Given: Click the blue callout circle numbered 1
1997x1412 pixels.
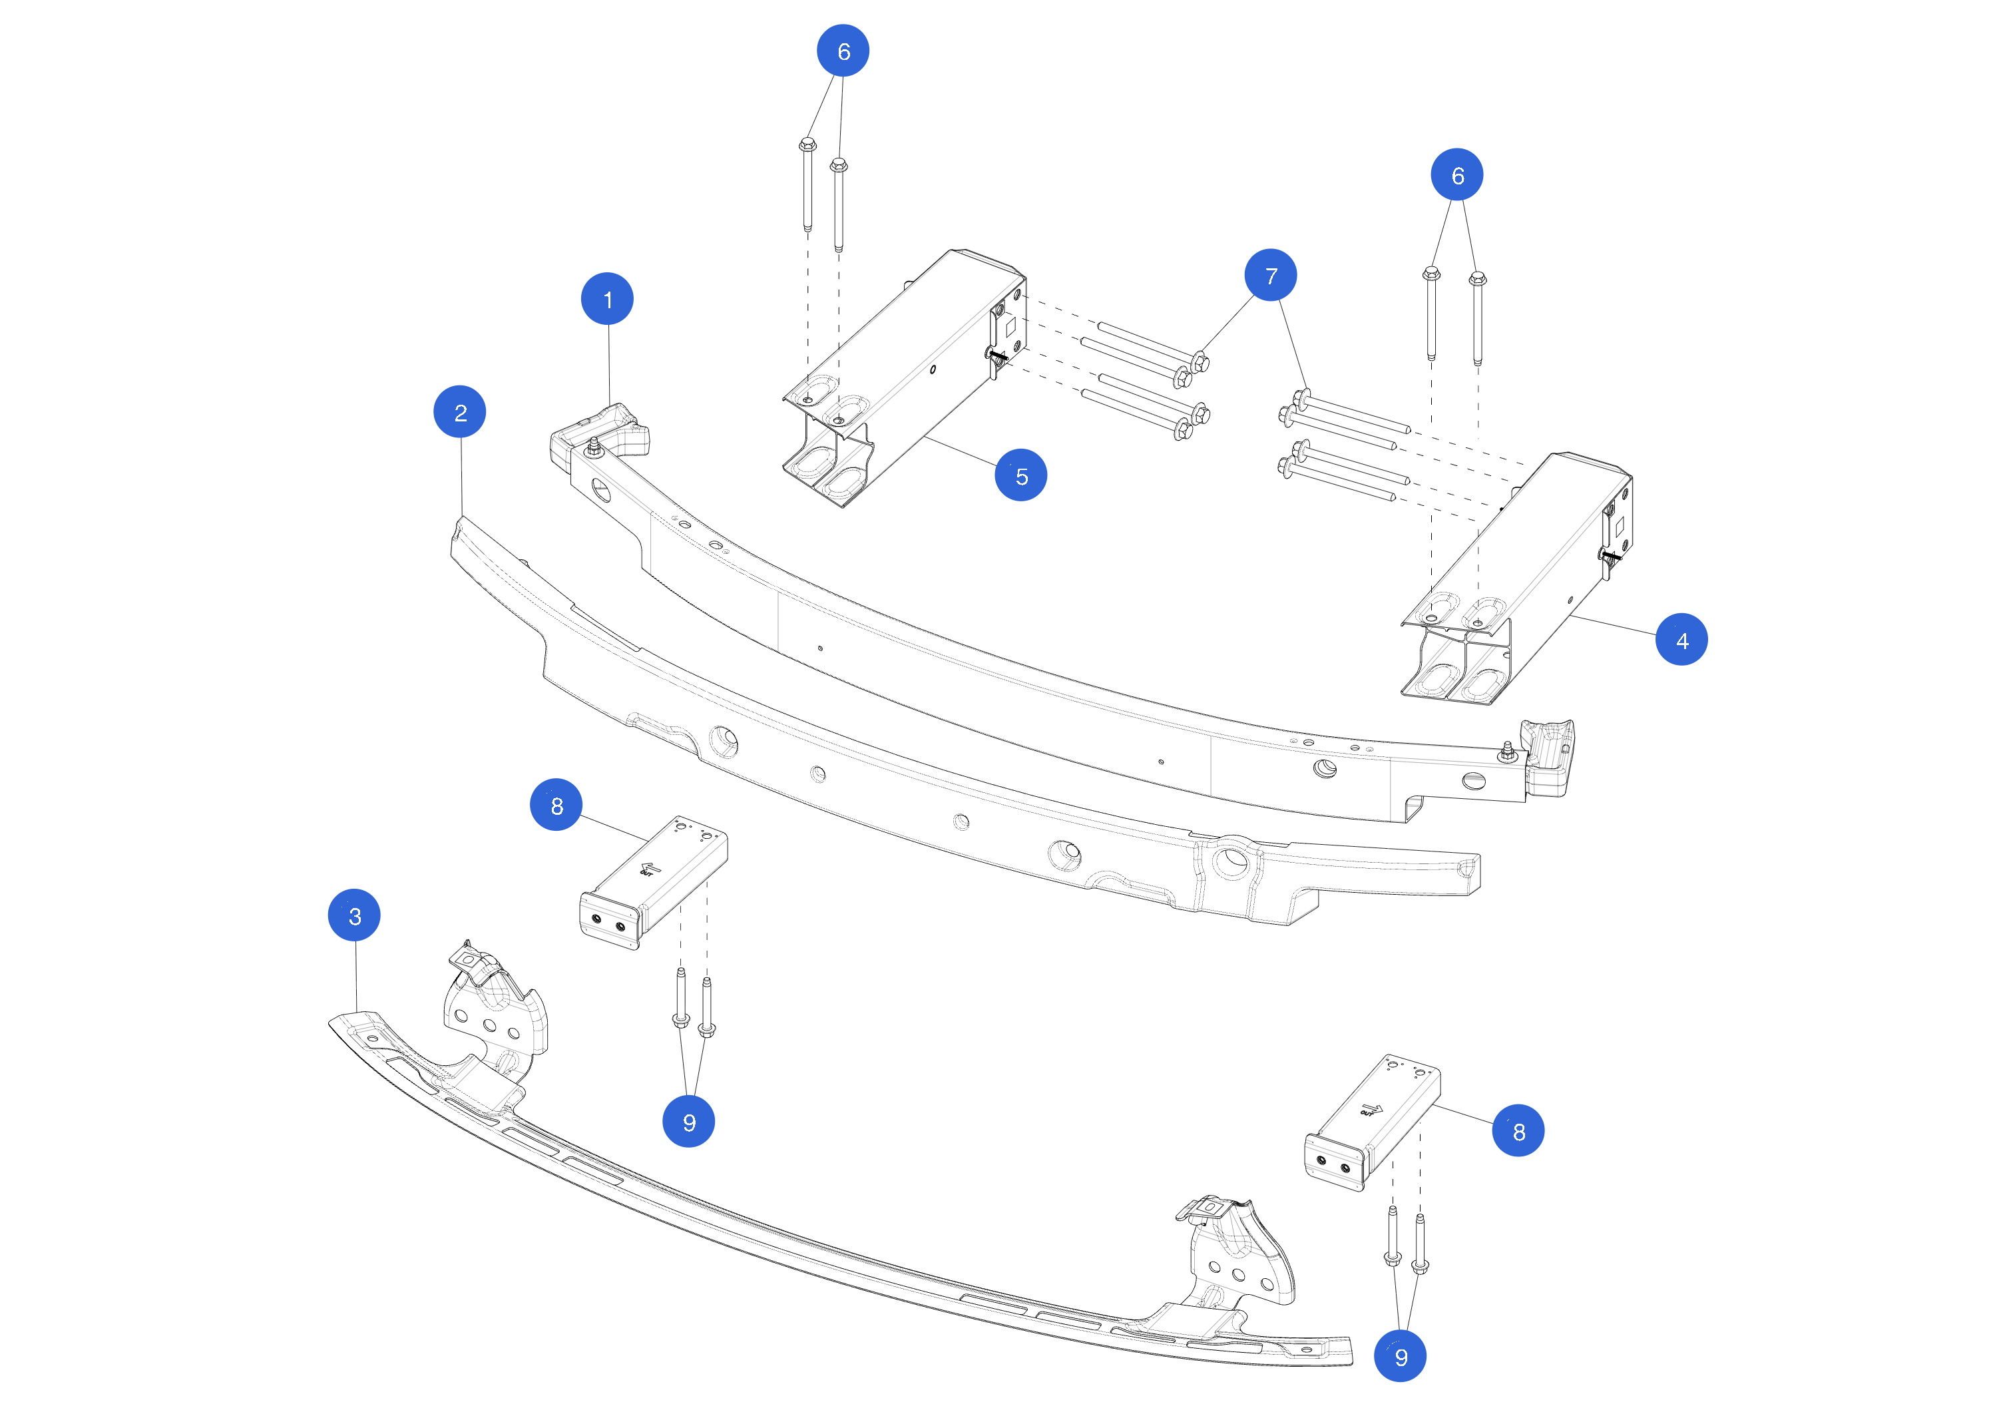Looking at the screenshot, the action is pos(607,300).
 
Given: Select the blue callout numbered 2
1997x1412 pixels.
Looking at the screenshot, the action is pos(460,412).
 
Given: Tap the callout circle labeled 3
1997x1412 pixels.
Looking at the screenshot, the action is pos(354,915).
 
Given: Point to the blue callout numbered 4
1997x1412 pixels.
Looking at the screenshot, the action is pos(1681,640).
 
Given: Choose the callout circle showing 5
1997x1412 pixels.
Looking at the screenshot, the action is pos(1021,475).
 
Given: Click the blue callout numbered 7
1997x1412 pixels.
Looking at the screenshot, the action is pos(1271,276).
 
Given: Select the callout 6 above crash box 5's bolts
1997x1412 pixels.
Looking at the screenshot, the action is pos(843,51).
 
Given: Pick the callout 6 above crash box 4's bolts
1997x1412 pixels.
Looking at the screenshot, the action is pos(1457,175).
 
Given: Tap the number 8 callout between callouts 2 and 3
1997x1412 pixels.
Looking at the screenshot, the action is pos(556,805).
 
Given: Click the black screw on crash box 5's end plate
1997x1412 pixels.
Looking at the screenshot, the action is pos(997,355).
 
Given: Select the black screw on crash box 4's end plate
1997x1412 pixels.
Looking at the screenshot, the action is pos(1610,554).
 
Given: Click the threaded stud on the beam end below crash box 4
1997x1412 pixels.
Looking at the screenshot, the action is pos(1507,752).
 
